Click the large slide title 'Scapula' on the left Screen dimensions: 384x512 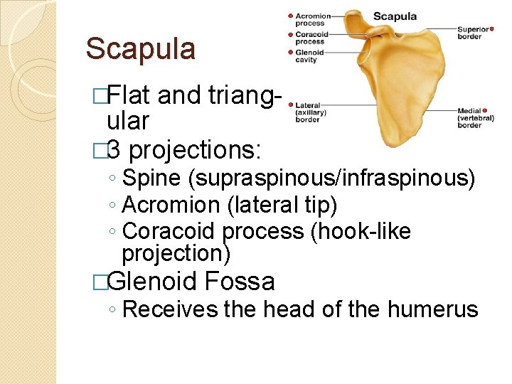point(140,49)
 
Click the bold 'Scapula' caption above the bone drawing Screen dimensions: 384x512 point(395,16)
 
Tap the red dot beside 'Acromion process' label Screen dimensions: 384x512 point(290,16)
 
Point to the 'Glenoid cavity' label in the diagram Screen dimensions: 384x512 point(310,56)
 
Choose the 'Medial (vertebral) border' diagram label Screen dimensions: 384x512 point(470,118)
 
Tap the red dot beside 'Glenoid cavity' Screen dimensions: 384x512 point(290,52)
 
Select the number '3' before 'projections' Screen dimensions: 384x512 point(118,150)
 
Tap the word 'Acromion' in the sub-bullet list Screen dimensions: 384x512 point(171,205)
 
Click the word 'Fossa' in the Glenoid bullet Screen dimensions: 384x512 point(239,282)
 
